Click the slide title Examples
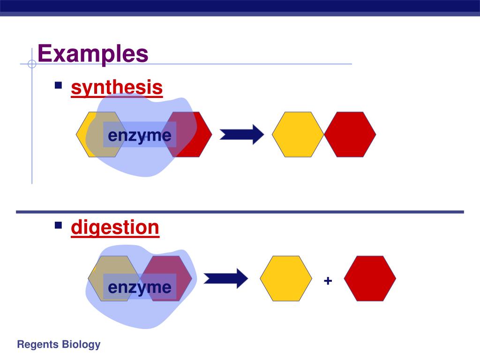click(93, 53)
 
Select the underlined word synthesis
click(117, 87)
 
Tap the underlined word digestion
click(115, 227)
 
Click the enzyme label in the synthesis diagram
click(140, 135)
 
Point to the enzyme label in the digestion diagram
click(140, 287)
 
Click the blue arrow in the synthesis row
click(242, 135)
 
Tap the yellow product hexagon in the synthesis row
click(298, 135)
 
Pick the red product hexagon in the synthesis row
click(350, 135)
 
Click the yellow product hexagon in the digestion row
click(286, 278)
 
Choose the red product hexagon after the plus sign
click(370, 278)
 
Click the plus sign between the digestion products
click(328, 281)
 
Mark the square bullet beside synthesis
click(59, 85)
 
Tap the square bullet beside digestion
click(59, 225)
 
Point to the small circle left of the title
click(32, 64)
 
